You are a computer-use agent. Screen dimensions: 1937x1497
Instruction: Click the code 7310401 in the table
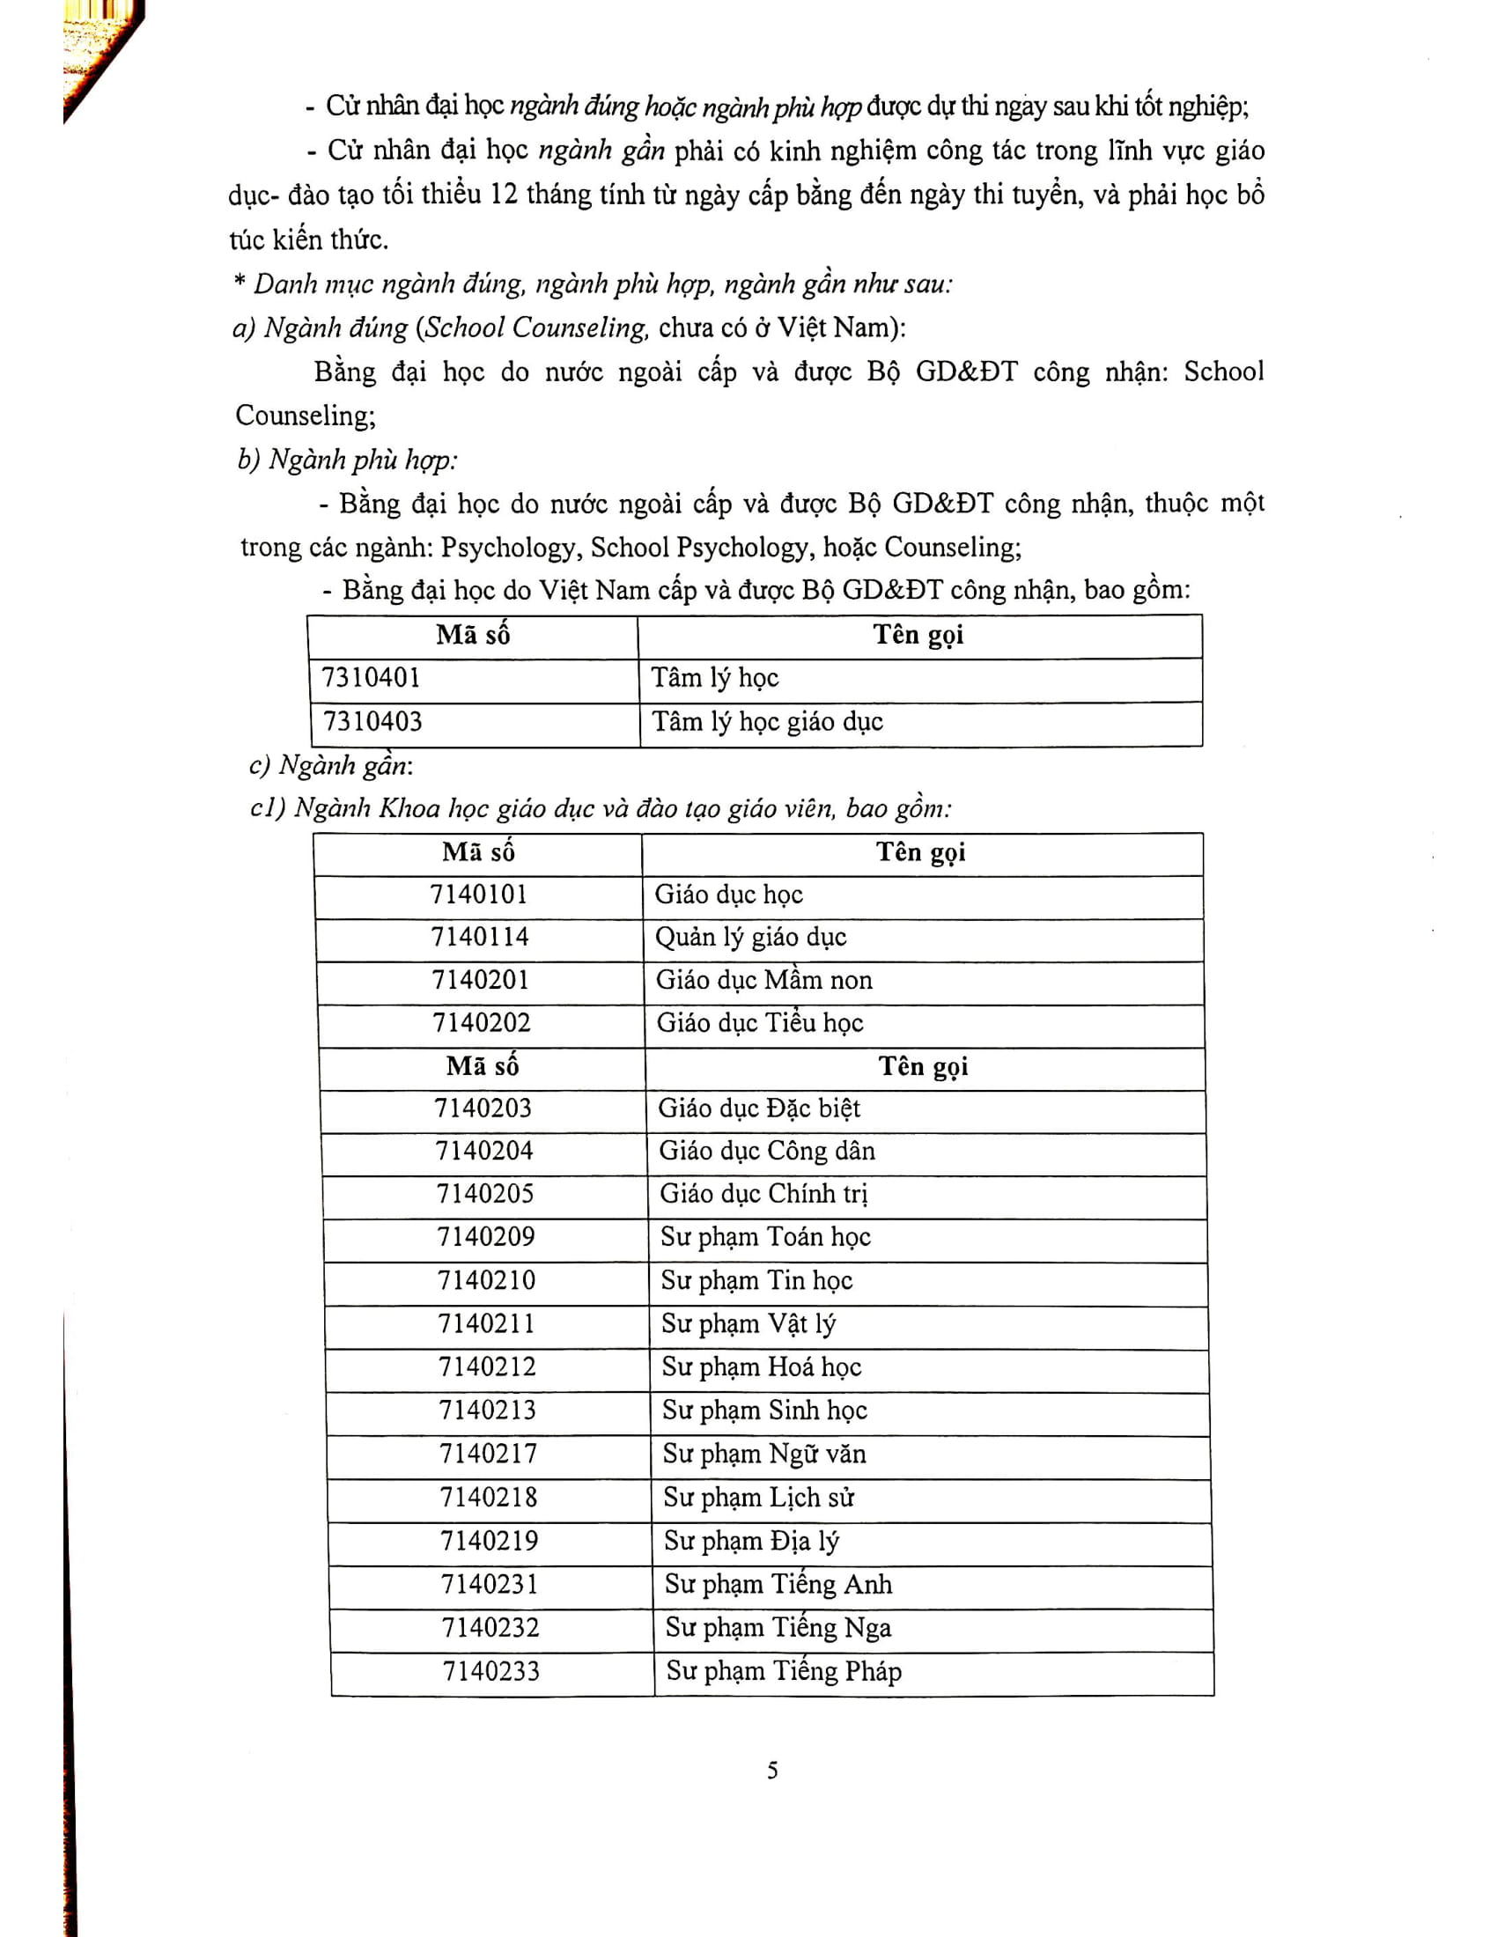pos(371,679)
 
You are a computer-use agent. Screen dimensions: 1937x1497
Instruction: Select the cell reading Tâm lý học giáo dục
pos(767,722)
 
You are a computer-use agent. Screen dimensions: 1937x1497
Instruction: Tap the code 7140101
pos(479,894)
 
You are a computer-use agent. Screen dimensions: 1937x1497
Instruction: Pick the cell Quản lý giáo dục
pos(750,938)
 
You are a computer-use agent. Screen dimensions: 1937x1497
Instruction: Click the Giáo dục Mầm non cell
pos(763,980)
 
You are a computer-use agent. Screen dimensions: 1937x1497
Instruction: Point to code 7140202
pos(482,1023)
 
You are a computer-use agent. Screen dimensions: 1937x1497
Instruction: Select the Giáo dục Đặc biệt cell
pos(759,1108)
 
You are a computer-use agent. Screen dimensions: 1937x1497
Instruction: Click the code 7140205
pos(485,1194)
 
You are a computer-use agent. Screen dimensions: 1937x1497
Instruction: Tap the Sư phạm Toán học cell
pos(765,1237)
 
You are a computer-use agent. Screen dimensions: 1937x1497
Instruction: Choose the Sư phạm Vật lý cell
pos(748,1324)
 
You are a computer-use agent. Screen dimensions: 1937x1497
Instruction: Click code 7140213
pos(488,1410)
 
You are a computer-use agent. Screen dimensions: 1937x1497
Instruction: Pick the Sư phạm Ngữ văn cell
pos(764,1454)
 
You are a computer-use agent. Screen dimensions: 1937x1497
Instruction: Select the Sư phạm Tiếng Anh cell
pos(778,1584)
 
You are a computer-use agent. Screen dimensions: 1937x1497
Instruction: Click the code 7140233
pos(491,1671)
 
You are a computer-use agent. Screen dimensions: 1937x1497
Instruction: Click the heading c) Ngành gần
pos(332,764)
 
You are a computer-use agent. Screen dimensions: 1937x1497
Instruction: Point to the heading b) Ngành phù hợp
pos(348,460)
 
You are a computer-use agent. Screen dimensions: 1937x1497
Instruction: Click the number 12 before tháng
pos(503,195)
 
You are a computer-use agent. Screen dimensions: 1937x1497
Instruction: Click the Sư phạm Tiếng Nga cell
pos(778,1627)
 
